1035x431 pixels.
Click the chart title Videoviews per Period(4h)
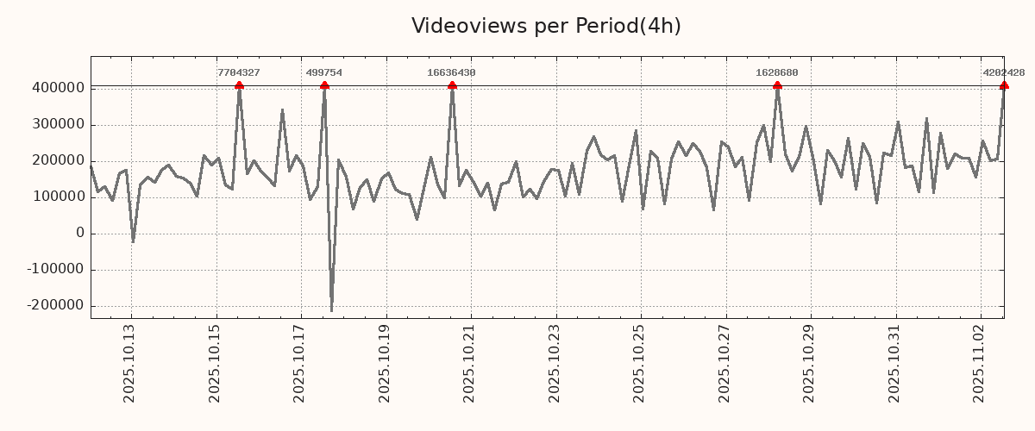point(546,26)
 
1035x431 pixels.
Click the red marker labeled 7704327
point(239,85)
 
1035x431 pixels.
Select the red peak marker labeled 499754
point(324,85)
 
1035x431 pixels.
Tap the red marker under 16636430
point(452,85)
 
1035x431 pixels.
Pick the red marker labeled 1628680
point(777,85)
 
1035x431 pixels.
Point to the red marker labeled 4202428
point(1004,85)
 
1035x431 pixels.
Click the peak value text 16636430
point(451,73)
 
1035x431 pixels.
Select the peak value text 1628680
point(777,73)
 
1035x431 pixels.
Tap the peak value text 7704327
point(239,73)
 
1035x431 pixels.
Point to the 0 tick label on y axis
point(80,233)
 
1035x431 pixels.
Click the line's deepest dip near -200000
point(331,310)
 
